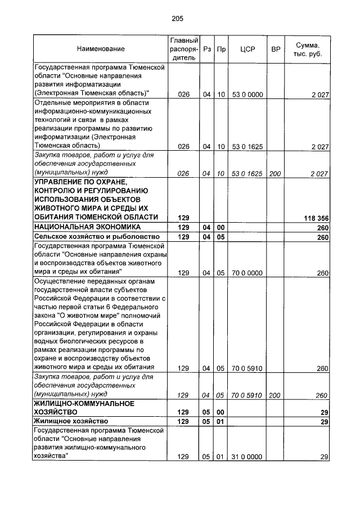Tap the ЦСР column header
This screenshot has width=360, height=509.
tap(247, 49)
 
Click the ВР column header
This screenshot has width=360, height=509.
tap(276, 49)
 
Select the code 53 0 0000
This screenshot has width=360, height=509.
tap(247, 94)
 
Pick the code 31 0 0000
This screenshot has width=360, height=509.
tap(247, 457)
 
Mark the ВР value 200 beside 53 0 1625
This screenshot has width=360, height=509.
tap(275, 174)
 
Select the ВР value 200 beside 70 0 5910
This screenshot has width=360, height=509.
tap(275, 395)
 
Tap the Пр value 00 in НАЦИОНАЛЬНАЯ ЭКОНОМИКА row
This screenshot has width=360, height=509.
tap(221, 227)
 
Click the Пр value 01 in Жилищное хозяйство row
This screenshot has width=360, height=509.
tap(221, 421)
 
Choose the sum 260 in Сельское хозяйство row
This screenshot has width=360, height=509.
tap(322, 237)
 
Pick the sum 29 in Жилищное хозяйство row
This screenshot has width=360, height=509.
tap(324, 421)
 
